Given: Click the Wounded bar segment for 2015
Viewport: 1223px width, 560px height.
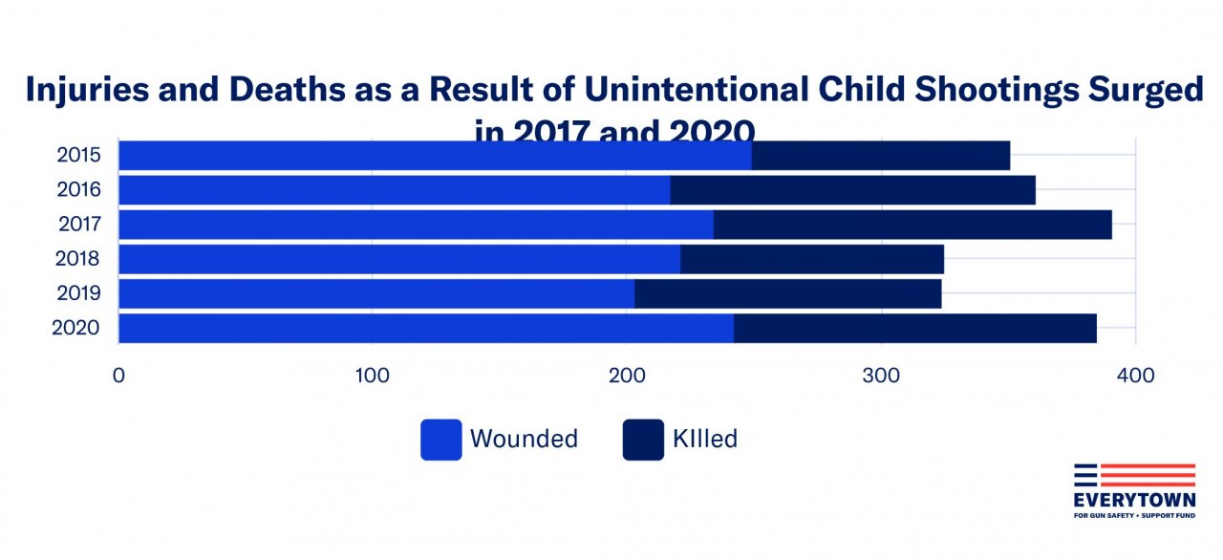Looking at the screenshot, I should [x=435, y=156].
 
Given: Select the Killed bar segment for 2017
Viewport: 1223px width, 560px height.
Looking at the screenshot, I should [x=912, y=225].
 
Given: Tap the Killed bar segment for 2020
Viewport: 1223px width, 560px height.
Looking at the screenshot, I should [x=914, y=328].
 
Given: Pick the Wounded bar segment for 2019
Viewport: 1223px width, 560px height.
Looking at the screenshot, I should [x=376, y=293].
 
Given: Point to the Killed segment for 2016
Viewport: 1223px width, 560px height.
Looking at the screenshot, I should [x=852, y=190].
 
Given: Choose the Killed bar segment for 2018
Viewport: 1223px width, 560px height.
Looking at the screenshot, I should [x=812, y=259].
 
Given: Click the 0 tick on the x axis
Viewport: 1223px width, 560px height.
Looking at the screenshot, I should [x=118, y=376].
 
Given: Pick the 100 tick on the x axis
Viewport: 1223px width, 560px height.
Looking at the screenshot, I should [x=372, y=376].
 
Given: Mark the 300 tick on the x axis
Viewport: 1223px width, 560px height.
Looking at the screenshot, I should [x=880, y=376].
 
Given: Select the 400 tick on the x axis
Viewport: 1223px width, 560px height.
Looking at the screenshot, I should [x=1135, y=376].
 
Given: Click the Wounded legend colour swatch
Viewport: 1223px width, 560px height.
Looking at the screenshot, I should [x=440, y=440].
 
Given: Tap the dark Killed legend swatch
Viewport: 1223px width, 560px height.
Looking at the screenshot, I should [x=643, y=440].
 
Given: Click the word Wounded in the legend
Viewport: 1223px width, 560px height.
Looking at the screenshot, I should [x=524, y=440].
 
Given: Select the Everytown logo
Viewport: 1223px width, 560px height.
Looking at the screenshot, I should [x=1134, y=490].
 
